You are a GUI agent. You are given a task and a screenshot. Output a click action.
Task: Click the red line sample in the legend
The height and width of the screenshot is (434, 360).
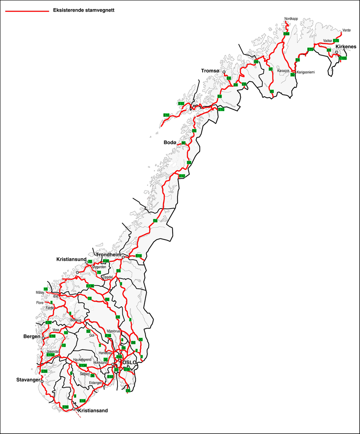click(27, 11)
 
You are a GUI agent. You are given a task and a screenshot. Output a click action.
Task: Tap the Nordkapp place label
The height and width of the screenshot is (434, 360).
click(291, 19)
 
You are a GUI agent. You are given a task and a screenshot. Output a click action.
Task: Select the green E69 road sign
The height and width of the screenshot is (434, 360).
click(286, 34)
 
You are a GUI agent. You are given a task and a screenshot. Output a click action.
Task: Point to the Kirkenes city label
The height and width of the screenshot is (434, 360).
click(346, 47)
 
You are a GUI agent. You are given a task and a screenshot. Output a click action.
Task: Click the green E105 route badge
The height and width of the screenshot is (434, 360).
click(343, 58)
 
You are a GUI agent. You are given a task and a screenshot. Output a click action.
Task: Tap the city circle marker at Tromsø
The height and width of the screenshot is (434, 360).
click(224, 72)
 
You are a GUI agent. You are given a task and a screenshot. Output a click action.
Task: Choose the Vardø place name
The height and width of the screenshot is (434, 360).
click(346, 31)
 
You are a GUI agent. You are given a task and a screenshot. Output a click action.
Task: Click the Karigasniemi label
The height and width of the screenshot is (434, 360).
click(306, 72)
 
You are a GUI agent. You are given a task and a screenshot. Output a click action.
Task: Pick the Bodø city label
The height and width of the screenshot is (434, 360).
click(170, 142)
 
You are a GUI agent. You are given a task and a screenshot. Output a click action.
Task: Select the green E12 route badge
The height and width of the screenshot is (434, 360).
click(182, 176)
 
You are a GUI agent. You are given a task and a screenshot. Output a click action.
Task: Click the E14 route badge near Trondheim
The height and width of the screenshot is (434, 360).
click(139, 256)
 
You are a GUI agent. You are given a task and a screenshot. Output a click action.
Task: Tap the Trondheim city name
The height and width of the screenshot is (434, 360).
click(108, 255)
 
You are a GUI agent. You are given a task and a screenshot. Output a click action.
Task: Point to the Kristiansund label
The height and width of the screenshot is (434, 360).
click(71, 259)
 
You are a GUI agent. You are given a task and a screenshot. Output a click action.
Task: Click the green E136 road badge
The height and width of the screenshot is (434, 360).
click(90, 286)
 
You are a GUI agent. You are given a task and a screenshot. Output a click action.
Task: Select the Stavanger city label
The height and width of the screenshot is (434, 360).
click(28, 380)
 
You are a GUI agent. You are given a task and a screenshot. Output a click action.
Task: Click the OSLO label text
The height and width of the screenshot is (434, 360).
click(129, 363)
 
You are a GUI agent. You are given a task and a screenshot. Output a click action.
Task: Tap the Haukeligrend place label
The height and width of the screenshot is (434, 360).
click(82, 360)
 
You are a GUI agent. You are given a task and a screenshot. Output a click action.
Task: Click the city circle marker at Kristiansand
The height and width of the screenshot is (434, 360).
click(74, 409)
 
